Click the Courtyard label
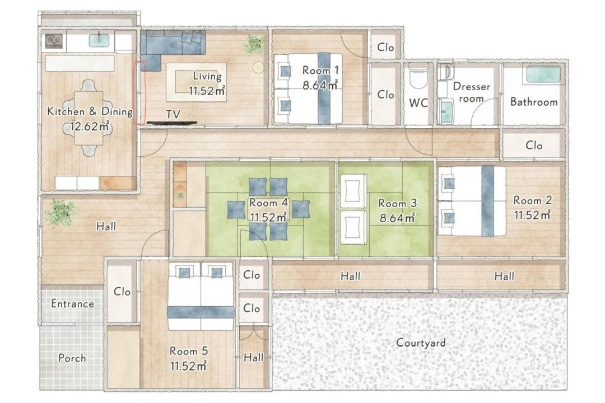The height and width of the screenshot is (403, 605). point(421,343)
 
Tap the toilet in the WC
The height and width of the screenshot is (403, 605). point(418,76)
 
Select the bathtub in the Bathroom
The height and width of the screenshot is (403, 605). point(543,74)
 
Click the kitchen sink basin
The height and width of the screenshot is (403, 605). point(99,40)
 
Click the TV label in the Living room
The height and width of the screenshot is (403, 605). point(173,114)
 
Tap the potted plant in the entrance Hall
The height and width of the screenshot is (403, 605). point(60,213)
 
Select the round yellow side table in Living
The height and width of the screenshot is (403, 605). point(258,68)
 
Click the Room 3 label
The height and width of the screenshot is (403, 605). point(397,203)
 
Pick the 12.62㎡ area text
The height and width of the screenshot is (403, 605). point(90,126)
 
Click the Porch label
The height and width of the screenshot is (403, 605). point(72,358)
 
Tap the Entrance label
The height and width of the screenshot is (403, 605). point(72,304)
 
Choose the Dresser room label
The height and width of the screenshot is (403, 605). point(471,92)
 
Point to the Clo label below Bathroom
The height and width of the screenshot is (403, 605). point(534,146)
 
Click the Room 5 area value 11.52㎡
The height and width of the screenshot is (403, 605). point(188,365)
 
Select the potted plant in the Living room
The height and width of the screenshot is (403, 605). point(254,45)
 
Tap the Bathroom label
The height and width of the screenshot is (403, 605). point(534,102)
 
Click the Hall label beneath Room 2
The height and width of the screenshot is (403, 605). point(504,276)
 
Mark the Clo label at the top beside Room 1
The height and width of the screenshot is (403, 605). point(385,48)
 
